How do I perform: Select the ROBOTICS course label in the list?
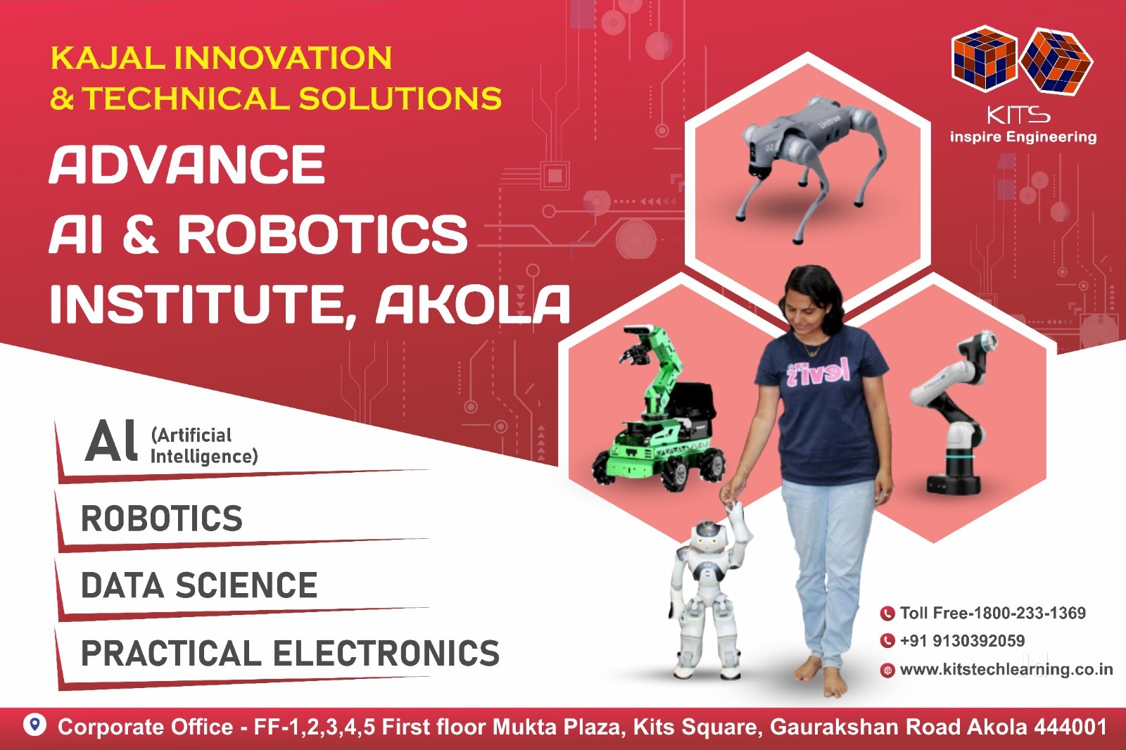(162, 519)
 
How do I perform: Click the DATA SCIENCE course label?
(199, 585)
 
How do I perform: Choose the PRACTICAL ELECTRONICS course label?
(291, 653)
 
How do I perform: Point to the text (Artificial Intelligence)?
(204, 445)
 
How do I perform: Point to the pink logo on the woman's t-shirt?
(818, 372)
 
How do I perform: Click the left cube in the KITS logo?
(984, 59)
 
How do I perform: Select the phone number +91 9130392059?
(962, 640)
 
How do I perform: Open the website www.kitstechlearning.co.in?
(1006, 669)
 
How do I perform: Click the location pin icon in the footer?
(34, 725)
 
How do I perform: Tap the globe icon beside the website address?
(887, 670)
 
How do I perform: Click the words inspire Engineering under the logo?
(1023, 136)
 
